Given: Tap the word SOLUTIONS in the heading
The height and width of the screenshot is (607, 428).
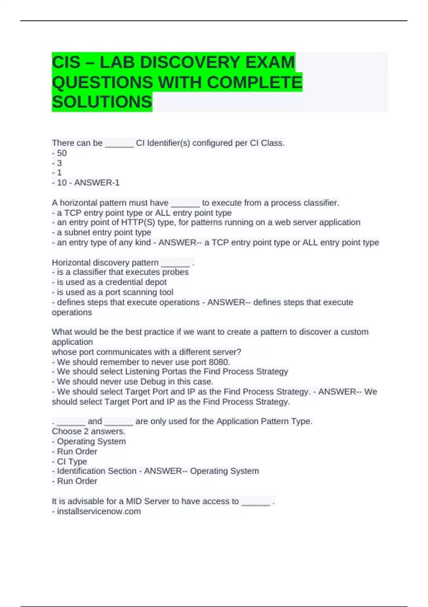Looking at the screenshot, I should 102,102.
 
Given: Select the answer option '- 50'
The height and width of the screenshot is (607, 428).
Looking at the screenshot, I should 59,153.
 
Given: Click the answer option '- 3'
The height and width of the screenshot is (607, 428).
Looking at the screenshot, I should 57,163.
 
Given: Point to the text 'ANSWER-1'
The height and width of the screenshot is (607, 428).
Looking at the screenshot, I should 97,183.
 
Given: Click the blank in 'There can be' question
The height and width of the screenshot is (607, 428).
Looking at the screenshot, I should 119,144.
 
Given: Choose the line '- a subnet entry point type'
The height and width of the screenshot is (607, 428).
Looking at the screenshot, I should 102,232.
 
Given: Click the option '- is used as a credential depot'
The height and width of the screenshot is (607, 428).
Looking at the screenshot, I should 109,282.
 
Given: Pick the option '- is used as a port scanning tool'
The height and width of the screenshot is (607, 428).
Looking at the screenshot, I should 113,292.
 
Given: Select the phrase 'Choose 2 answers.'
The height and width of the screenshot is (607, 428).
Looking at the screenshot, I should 88,431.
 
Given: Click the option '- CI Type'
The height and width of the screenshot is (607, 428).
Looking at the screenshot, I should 70,462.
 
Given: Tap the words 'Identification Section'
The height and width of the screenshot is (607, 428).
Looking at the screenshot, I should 97,471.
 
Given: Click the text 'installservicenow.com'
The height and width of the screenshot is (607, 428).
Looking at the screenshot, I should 99,511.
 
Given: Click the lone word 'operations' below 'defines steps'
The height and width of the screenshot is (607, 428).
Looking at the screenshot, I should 72,312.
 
